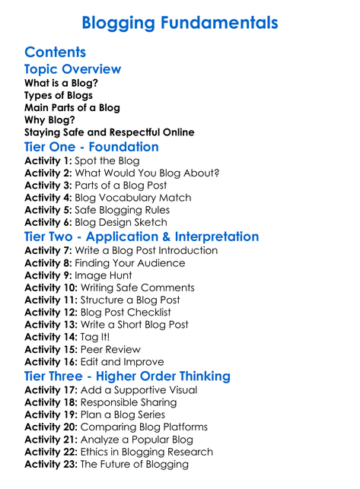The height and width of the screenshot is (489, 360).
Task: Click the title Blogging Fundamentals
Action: tap(180, 23)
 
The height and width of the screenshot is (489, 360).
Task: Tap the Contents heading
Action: tap(55, 52)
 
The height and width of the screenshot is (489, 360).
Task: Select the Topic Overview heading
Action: tap(72, 68)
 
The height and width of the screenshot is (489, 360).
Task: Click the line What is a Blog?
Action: tap(61, 83)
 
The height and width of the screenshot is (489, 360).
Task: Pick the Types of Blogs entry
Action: tap(59, 95)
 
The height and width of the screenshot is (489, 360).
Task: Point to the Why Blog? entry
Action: tap(49, 119)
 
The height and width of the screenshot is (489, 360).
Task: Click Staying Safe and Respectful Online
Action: tap(109, 132)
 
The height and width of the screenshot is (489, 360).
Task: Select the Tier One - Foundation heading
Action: tap(91, 147)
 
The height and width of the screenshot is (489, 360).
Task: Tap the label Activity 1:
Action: tap(48, 160)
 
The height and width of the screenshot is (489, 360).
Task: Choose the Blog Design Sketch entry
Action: tap(133, 222)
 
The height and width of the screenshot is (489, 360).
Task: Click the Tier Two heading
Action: tap(142, 237)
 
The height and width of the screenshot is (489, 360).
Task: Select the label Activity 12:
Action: tap(51, 312)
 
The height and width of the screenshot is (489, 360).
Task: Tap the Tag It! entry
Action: tap(96, 337)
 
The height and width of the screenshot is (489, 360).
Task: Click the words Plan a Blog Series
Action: tap(123, 414)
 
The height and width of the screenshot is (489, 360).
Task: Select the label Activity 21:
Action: tap(51, 440)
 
